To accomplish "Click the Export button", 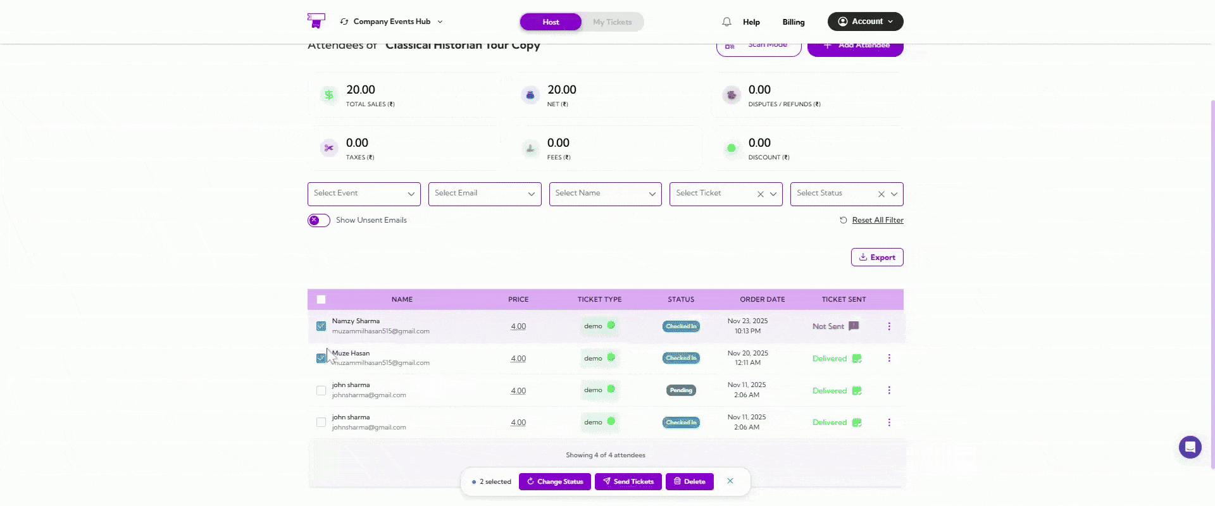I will point(877,257).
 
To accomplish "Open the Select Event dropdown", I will point(364,194).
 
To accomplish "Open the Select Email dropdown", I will point(484,194).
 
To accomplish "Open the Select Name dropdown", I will point(605,194).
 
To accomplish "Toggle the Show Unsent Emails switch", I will point(319,220).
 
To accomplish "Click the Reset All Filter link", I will point(877,220).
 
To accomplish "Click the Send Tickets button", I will point(628,481).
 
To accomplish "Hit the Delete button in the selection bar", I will point(689,481).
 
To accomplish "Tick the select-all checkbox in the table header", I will point(321,300).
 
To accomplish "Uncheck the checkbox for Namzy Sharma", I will point(321,326).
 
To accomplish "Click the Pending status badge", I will point(681,390).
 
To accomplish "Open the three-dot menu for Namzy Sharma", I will point(889,326).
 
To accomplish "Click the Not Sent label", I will point(828,326).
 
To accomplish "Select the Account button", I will point(865,22).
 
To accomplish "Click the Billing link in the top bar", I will point(793,22).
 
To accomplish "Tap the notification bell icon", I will point(726,22).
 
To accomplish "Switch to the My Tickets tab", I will point(612,22).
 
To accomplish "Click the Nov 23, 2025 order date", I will point(747,321).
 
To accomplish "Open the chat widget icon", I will point(1190,447).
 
